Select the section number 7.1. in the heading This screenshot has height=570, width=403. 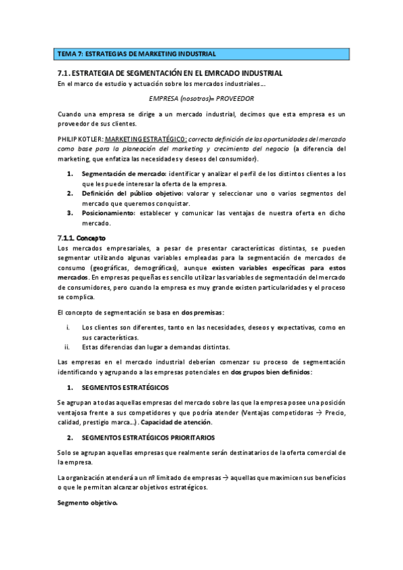63,73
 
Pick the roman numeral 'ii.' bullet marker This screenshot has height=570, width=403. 67,347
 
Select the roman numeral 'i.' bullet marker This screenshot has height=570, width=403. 67,327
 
